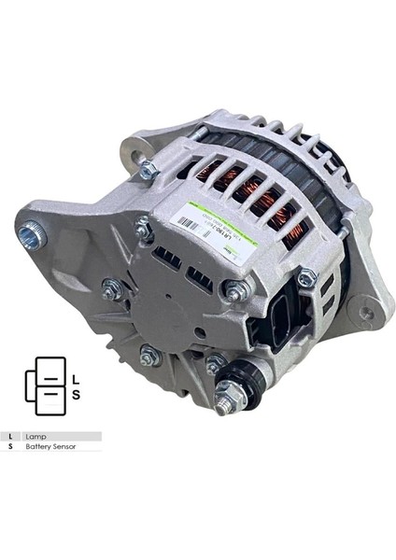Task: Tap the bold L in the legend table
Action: [10, 436]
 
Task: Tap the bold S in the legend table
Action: [10, 447]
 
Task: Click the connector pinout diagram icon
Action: [44, 385]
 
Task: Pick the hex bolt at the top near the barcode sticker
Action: [147, 168]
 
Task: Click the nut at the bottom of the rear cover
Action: [148, 356]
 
